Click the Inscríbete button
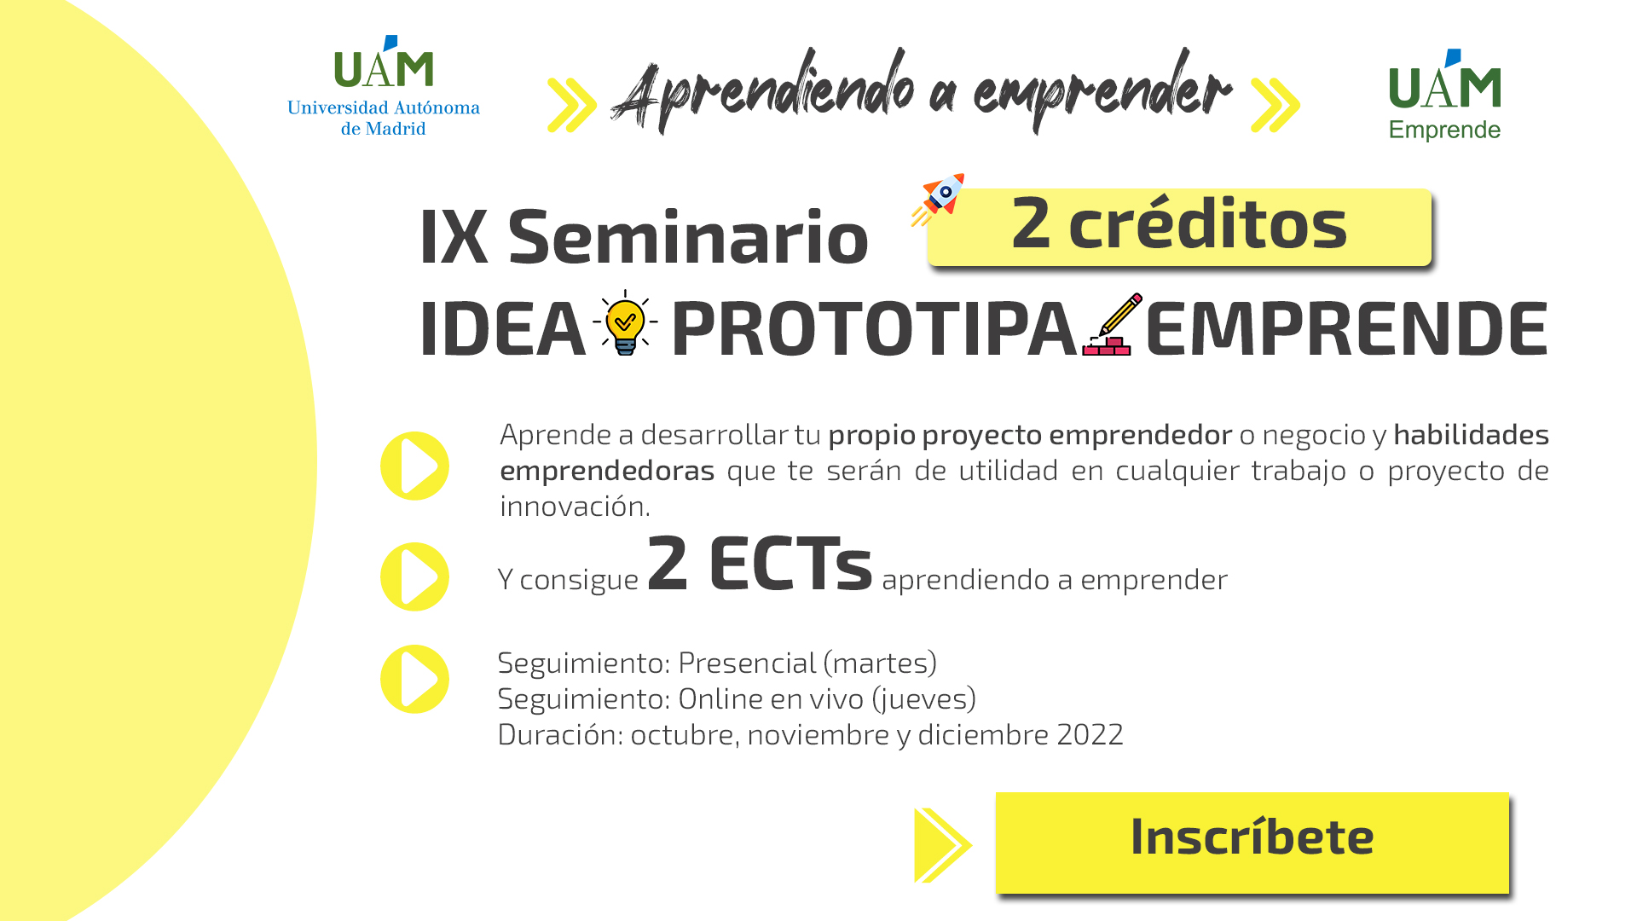[x=1252, y=843]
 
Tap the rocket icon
[x=938, y=200]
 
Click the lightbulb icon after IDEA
[x=625, y=323]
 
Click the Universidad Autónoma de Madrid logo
[x=384, y=86]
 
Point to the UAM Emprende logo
[x=1444, y=95]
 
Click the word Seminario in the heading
[x=687, y=237]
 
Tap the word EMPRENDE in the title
[x=1346, y=328]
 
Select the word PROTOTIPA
[x=874, y=328]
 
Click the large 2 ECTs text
[x=760, y=563]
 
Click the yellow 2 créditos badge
[x=1179, y=227]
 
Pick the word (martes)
[x=880, y=663]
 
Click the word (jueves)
[x=923, y=699]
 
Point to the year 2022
[x=1090, y=734]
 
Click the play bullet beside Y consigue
[x=414, y=576]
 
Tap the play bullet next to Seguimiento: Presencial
[x=414, y=679]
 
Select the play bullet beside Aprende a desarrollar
[x=414, y=466]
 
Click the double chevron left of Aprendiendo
[x=571, y=105]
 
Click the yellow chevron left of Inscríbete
[x=942, y=845]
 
